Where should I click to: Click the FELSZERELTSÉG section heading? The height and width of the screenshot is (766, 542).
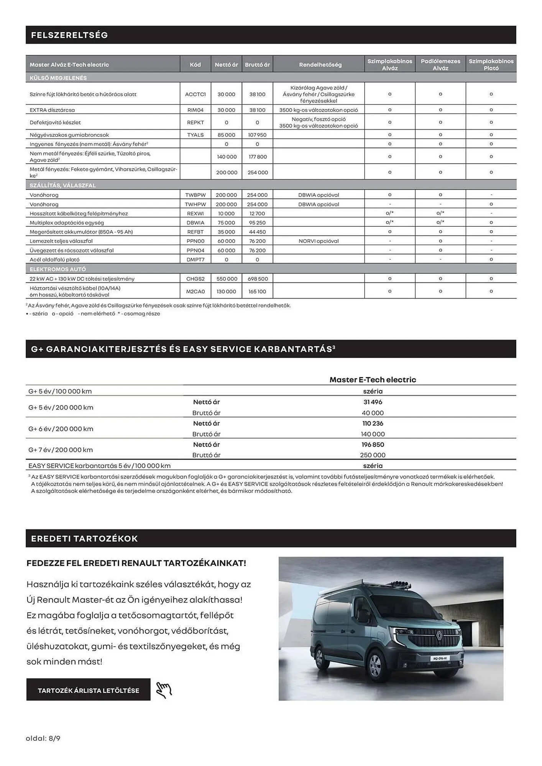point(69,35)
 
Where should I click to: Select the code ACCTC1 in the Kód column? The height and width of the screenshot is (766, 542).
point(195,94)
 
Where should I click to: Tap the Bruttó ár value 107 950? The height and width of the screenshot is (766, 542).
point(257,135)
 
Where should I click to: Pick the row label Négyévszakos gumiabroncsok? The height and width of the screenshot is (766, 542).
point(69,135)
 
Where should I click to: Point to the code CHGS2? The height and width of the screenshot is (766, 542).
point(195,279)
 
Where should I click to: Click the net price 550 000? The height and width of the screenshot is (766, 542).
point(227,279)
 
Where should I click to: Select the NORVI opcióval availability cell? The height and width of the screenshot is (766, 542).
point(319,241)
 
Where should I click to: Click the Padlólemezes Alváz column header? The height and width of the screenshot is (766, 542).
point(440,64)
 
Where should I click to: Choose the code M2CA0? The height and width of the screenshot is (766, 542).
point(195,291)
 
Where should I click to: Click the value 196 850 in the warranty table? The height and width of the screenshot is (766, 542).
point(373,445)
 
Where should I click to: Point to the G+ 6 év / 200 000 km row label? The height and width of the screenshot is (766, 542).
point(61,429)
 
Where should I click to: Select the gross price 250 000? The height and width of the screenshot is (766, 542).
point(373,455)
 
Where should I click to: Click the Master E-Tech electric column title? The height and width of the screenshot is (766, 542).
point(373,380)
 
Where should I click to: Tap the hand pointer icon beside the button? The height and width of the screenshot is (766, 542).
point(164,690)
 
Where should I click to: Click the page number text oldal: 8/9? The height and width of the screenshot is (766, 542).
point(43,738)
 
